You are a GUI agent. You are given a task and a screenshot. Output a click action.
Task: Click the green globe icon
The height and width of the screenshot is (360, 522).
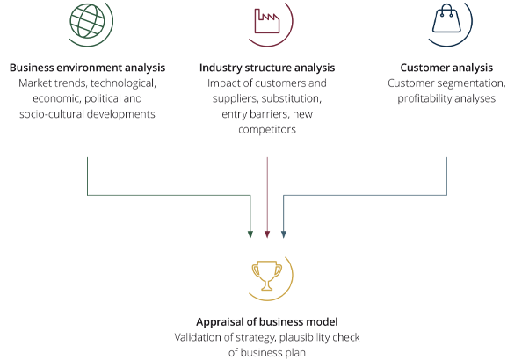coord(87,20)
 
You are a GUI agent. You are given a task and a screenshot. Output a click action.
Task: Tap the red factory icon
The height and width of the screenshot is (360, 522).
coord(267,20)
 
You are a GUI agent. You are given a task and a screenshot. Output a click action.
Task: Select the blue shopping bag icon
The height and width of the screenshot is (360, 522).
coord(446,18)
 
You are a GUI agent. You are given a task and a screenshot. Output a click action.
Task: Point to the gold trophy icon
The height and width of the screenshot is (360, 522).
coord(267,276)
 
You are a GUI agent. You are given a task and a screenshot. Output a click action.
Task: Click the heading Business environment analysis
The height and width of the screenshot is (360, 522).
coord(87,68)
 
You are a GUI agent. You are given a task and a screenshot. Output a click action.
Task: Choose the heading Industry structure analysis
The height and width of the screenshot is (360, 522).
coord(267,68)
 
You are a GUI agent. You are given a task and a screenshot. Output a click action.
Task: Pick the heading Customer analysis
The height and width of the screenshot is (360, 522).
coord(446,68)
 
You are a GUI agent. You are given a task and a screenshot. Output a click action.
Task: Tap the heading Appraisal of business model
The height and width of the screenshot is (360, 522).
coord(267,321)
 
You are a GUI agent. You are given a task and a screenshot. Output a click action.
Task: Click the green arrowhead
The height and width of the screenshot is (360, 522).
coord(250,234)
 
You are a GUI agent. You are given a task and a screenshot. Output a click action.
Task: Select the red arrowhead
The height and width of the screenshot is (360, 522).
coord(267,234)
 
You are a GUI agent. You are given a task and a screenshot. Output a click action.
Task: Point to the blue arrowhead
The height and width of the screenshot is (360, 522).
coord(284,234)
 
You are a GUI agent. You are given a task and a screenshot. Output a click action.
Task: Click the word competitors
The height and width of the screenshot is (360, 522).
coord(267,129)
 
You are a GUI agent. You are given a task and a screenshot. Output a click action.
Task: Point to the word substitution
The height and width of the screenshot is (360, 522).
coord(291,99)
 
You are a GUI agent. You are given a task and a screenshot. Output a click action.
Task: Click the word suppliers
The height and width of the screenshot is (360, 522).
coord(235,99)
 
